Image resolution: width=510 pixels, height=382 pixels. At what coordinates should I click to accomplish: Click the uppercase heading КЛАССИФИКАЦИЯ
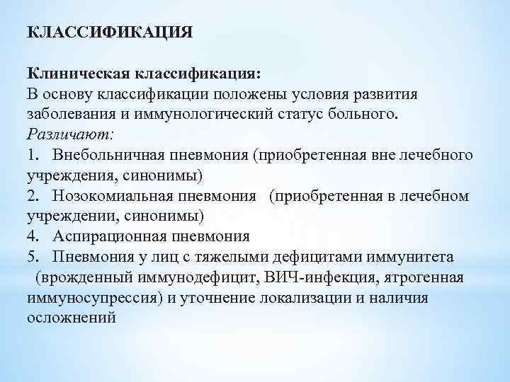[110, 33]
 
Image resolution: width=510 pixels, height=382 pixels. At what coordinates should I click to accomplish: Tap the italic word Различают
[69, 134]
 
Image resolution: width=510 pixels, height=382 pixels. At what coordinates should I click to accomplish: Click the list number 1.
[32, 154]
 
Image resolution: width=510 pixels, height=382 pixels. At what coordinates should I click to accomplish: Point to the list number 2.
[32, 195]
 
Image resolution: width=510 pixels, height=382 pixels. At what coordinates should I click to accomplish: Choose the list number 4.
[32, 236]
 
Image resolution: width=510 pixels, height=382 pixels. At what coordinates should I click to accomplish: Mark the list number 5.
[32, 256]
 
